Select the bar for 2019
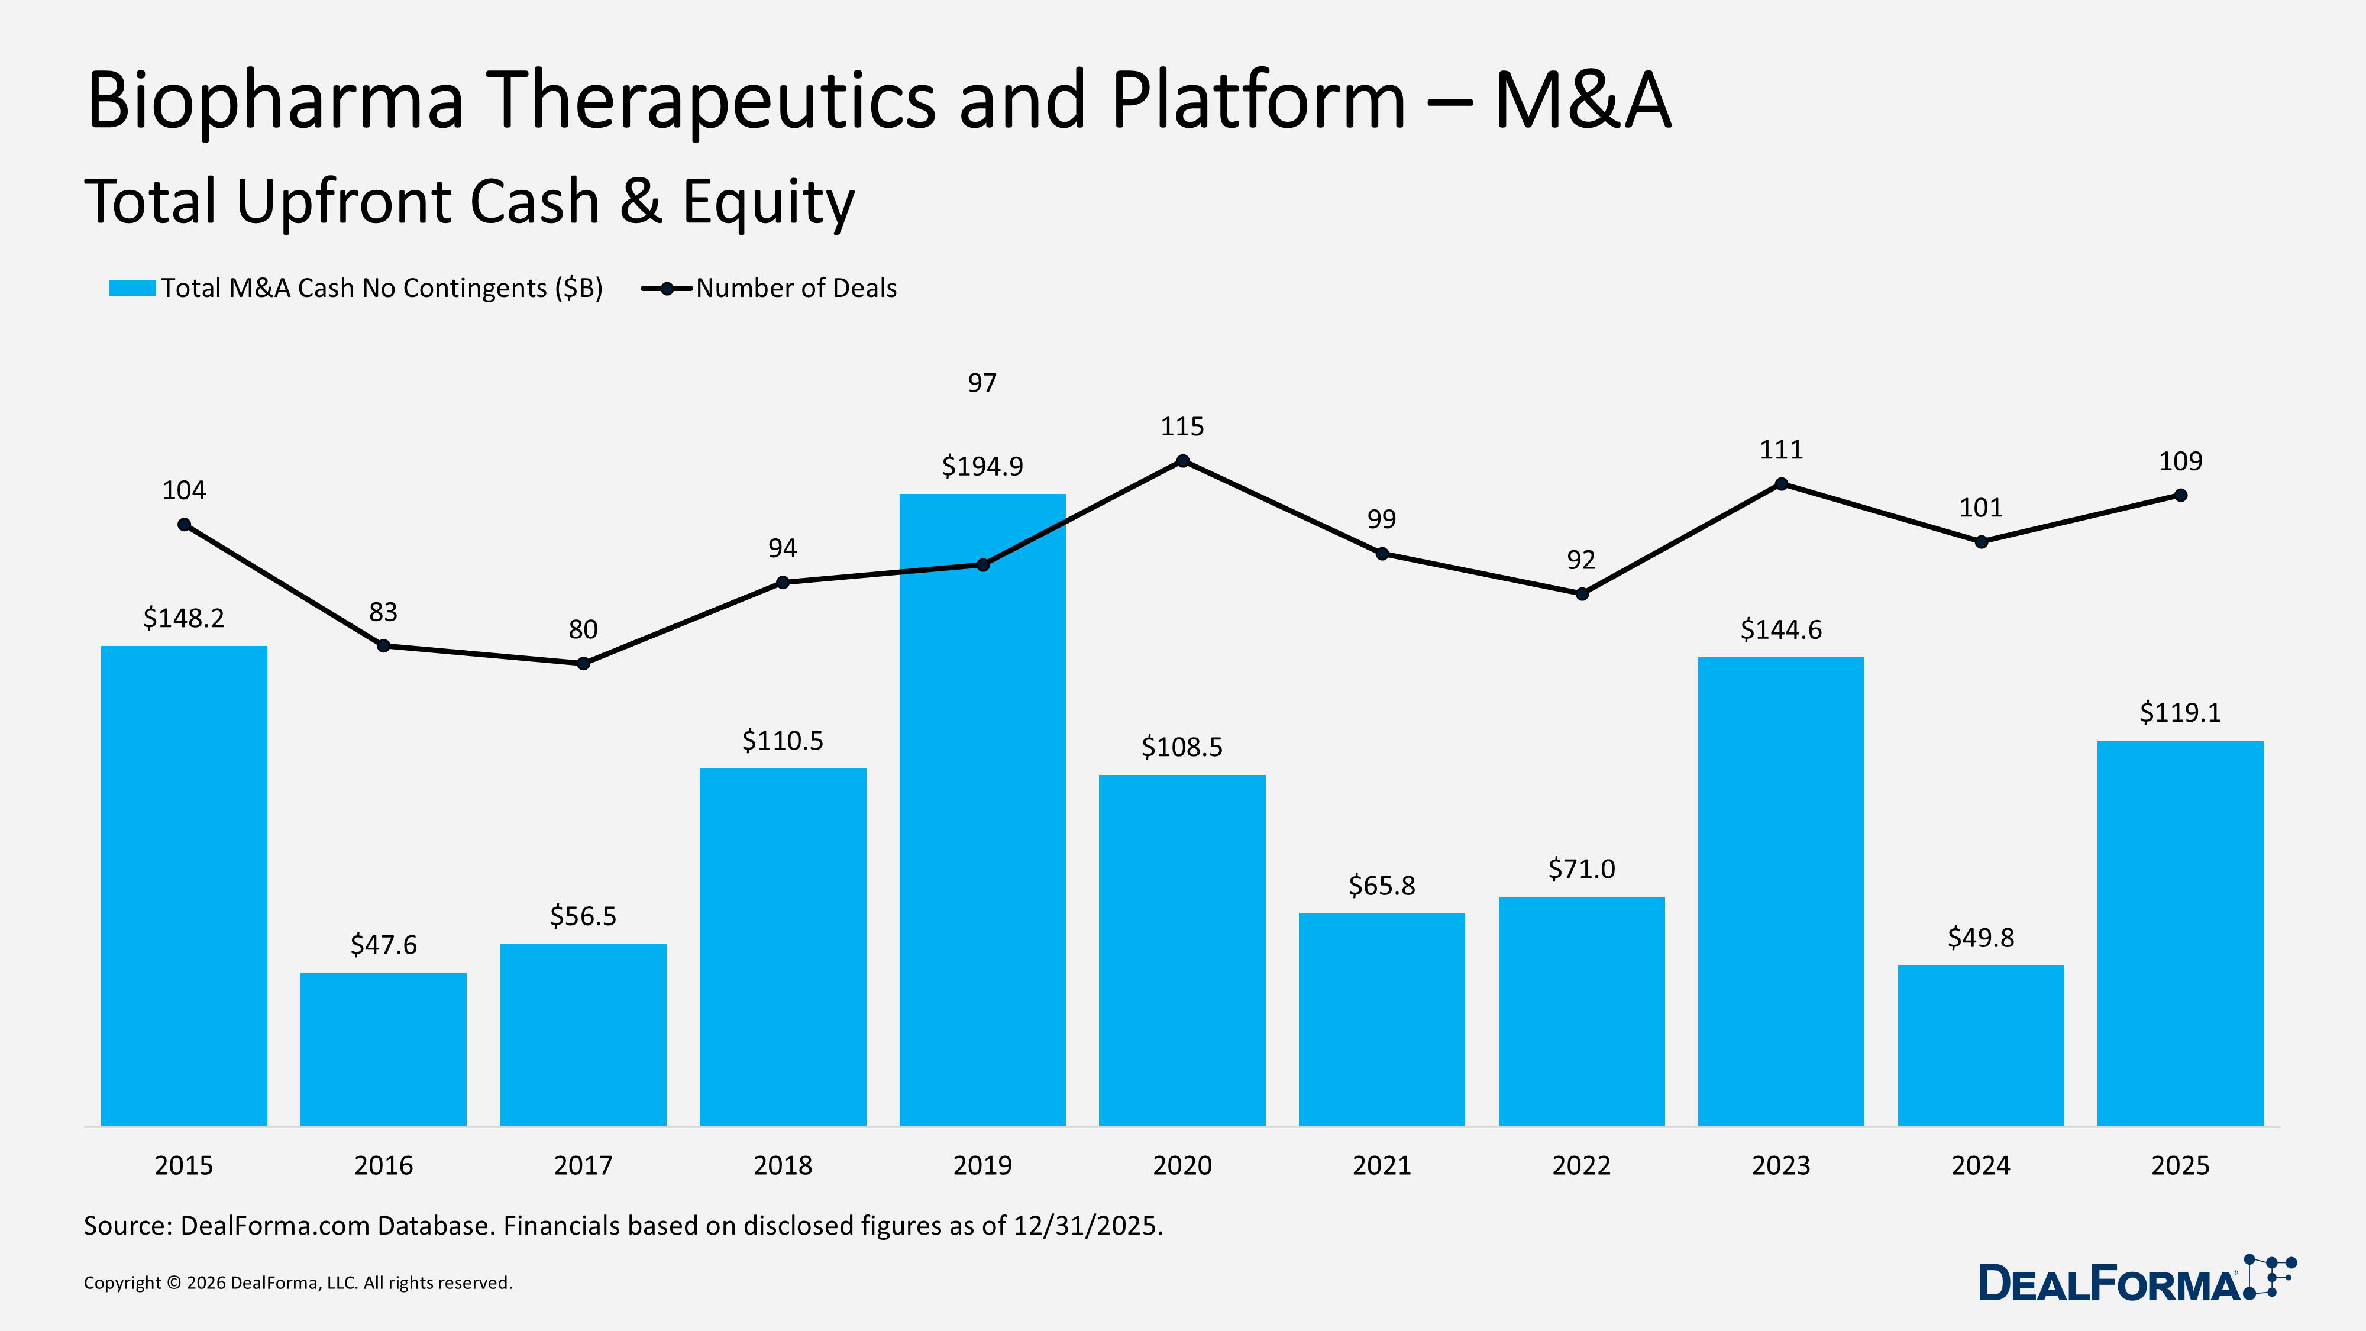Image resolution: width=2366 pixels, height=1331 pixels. point(982,808)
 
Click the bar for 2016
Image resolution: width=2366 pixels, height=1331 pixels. point(383,1048)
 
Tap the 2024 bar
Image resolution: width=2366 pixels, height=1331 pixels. point(1980,1045)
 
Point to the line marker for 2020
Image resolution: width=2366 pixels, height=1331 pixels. point(1182,461)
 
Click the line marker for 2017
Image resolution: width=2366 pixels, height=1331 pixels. point(583,663)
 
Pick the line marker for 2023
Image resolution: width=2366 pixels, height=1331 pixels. point(1781,484)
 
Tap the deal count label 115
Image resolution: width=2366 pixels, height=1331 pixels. point(1181,426)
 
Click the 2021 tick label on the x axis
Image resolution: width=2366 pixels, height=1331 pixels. point(1381,1165)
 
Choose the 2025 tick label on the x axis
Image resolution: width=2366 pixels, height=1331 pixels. point(2180,1165)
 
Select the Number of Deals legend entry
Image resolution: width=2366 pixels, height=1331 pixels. point(796,289)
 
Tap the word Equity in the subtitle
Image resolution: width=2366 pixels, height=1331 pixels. point(768,202)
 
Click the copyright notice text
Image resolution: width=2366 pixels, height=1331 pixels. point(298,1283)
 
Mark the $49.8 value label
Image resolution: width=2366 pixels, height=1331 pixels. point(1980,938)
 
